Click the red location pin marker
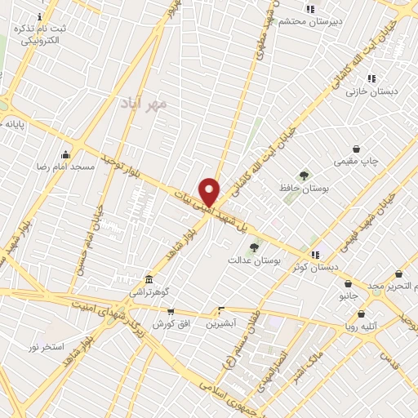210,192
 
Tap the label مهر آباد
147,104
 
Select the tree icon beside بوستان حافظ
304,175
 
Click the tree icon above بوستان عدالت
254,247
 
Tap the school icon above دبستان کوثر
315,255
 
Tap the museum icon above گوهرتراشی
148,278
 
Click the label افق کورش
170,324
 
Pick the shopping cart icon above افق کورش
170,312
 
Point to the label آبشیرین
221,323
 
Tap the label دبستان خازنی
371,91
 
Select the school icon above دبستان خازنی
371,79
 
